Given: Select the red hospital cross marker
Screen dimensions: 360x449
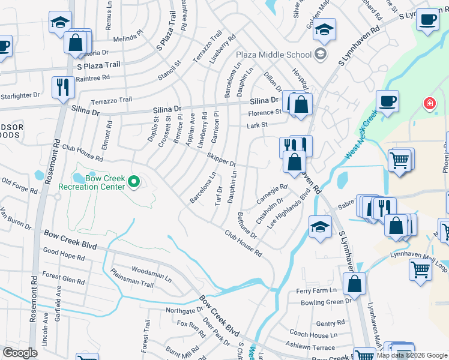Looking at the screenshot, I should (430, 104).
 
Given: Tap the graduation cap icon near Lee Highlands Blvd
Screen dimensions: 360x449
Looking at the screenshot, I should (320, 227).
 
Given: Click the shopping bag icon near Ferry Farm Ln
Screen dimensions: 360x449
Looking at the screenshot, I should (355, 284).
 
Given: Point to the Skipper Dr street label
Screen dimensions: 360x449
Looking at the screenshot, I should (221, 160).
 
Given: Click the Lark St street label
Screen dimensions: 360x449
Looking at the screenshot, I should (256, 125).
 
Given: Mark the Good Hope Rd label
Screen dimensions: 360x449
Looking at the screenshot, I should (64, 256).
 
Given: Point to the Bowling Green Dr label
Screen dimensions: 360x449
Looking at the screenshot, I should (326, 302).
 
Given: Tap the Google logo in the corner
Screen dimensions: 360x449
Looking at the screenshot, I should (20, 353).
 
